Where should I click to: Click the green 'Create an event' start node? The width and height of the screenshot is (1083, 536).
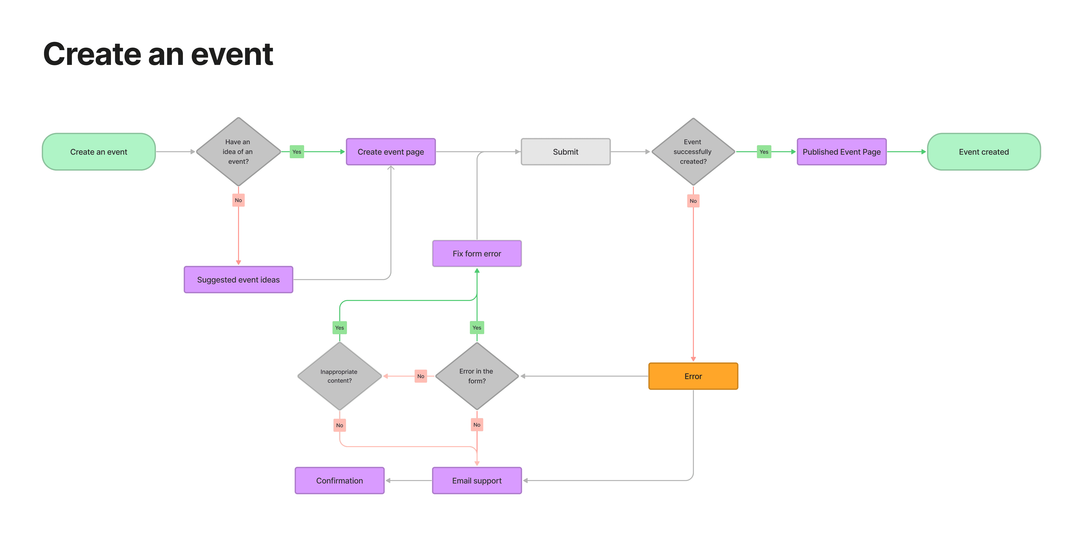99,152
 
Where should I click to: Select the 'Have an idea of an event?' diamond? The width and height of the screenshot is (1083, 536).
238,152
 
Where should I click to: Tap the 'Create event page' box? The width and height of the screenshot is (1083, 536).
391,152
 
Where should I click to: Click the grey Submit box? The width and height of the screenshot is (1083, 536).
565,152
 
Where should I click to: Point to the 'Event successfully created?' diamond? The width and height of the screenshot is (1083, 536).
693,152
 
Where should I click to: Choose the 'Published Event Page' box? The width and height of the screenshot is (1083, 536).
842,152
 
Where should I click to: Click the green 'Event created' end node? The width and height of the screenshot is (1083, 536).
984,152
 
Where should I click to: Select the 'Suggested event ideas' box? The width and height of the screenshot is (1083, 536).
238,280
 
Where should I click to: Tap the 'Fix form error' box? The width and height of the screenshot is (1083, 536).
477,253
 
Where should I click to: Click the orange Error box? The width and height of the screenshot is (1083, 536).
693,376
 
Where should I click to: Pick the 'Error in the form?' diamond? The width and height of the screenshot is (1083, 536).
477,376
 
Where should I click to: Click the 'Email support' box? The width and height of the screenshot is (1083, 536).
477,481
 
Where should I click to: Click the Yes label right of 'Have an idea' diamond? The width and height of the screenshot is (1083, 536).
297,152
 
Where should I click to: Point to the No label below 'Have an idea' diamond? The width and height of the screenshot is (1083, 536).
238,200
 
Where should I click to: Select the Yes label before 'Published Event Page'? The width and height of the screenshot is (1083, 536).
764,152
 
